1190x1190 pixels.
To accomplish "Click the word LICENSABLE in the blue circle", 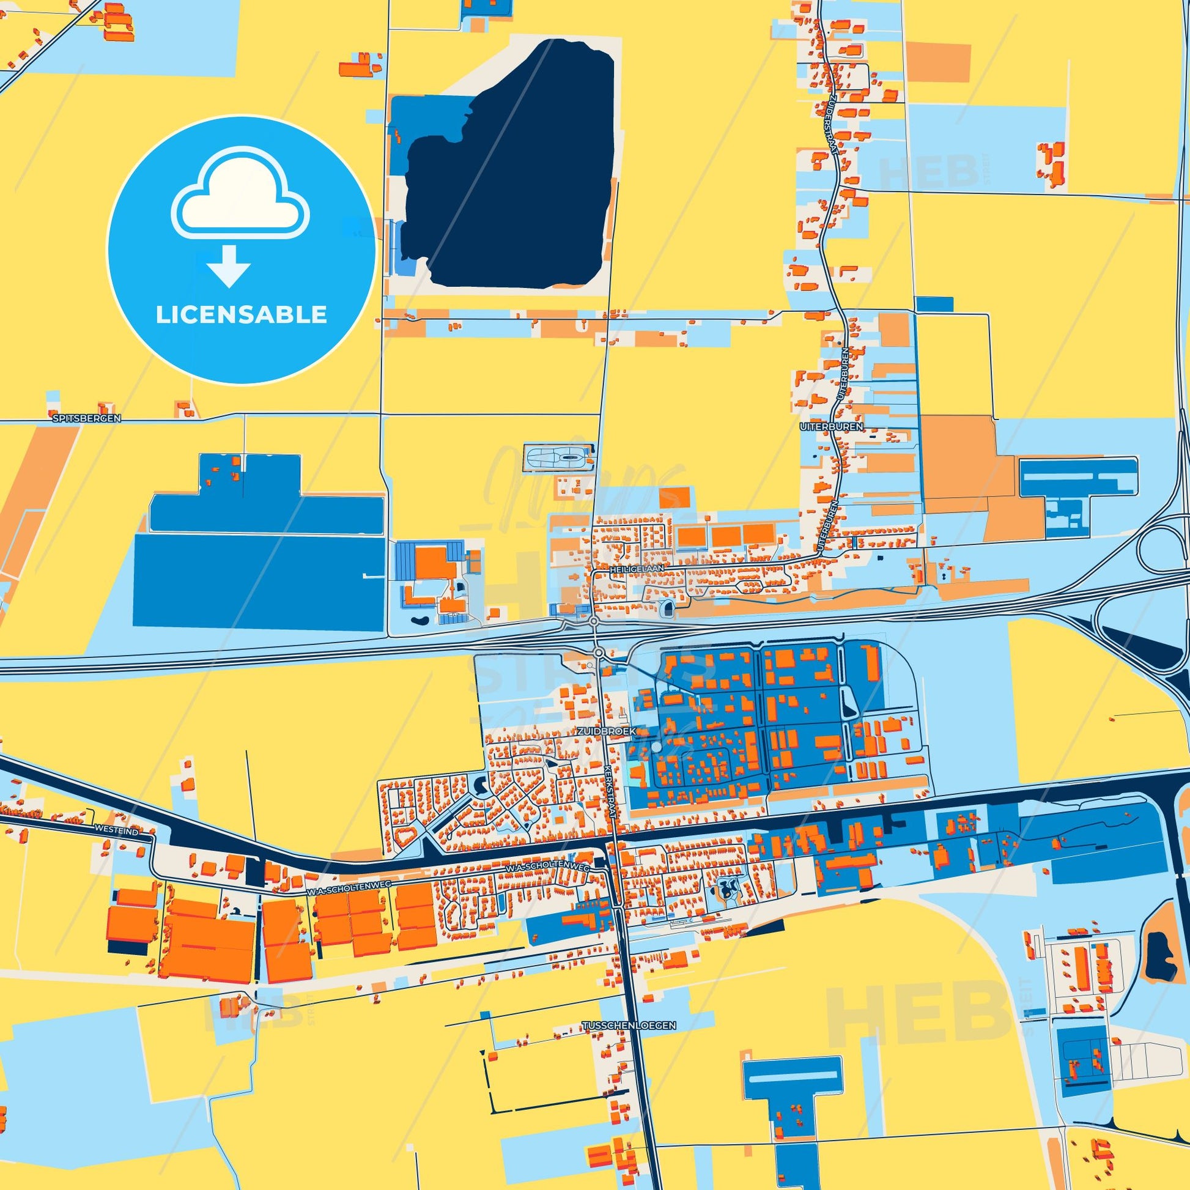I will coord(241,315).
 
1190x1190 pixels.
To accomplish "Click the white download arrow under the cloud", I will coord(228,267).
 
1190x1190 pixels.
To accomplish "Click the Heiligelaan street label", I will coord(637,571).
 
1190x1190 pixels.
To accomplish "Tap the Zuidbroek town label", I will coord(605,731).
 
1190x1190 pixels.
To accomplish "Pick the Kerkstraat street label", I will coord(611,791).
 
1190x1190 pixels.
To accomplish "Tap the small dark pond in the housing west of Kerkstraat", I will coord(481,783).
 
